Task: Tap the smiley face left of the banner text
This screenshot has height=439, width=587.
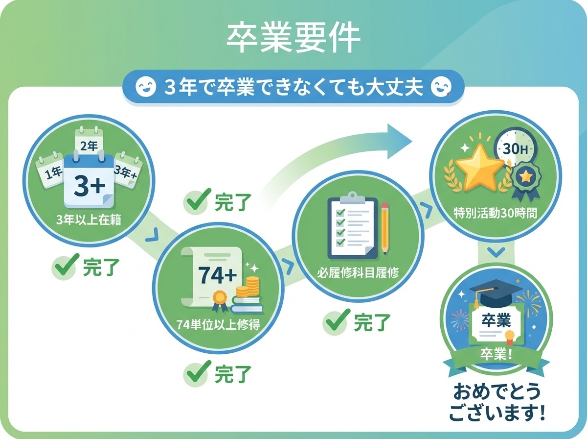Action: click(x=145, y=88)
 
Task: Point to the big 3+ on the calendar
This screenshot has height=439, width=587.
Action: click(x=90, y=185)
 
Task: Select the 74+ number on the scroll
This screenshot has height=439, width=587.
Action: click(x=217, y=276)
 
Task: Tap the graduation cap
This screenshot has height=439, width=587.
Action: click(x=489, y=293)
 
